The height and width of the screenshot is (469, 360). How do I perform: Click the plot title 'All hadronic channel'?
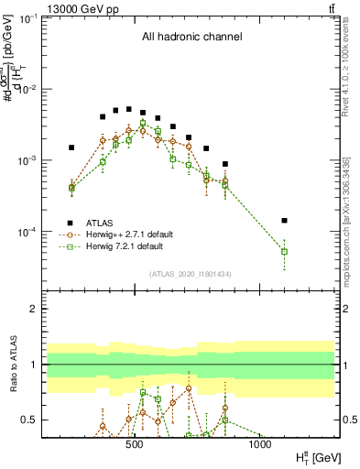click(191, 38)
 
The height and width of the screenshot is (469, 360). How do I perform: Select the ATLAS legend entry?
click(100, 222)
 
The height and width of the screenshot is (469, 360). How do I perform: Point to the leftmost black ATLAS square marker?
click(71, 147)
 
